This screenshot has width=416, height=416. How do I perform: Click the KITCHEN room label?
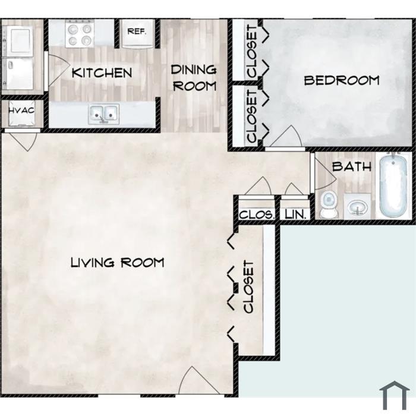point(102,73)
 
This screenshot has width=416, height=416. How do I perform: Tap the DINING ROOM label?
point(194,78)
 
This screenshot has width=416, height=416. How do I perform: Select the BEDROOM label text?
point(342,81)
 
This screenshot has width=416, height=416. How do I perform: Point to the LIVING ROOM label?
point(118,263)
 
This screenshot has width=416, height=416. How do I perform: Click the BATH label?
point(352,166)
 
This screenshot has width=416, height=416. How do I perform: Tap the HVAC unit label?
point(21,111)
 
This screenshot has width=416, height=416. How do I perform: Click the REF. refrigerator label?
point(137,31)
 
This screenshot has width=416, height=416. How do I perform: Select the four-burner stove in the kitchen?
point(80,34)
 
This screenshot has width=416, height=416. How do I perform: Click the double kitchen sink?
point(104,114)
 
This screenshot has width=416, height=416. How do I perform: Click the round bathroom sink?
point(357,206)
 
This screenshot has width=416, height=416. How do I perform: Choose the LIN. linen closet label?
point(295,215)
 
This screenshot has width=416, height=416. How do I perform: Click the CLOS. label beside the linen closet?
point(256,215)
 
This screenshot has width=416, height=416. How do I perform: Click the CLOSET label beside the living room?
point(248,287)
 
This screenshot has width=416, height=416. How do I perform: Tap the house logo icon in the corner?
point(395,396)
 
